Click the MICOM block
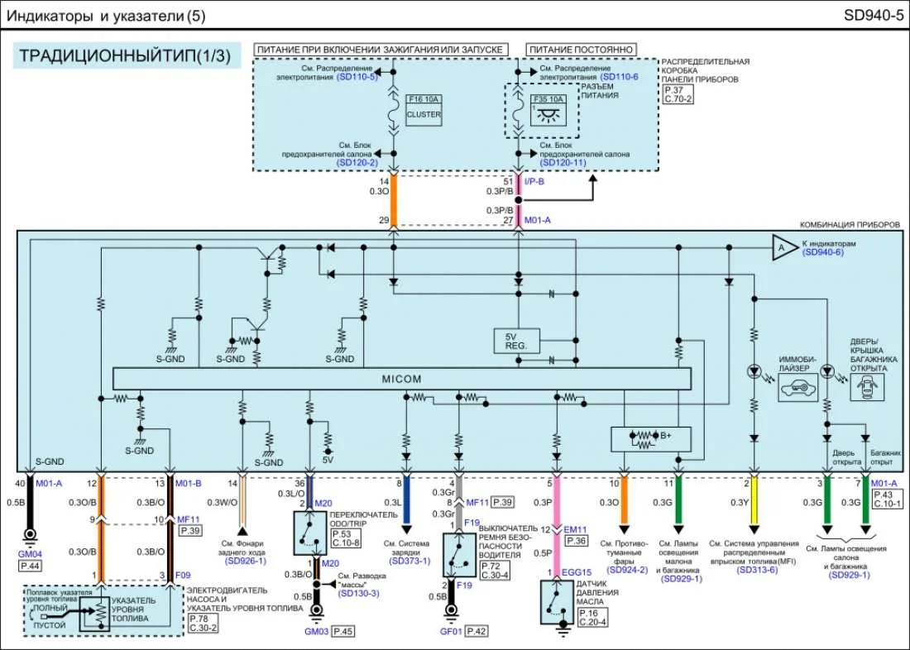pyautogui.click(x=401, y=379)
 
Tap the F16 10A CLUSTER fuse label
pyautogui.click(x=424, y=108)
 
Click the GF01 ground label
pyautogui.click(x=450, y=631)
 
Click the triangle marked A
pyautogui.click(x=780, y=248)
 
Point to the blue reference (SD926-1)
pyautogui.click(x=245, y=561)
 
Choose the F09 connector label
pyautogui.click(x=183, y=574)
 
